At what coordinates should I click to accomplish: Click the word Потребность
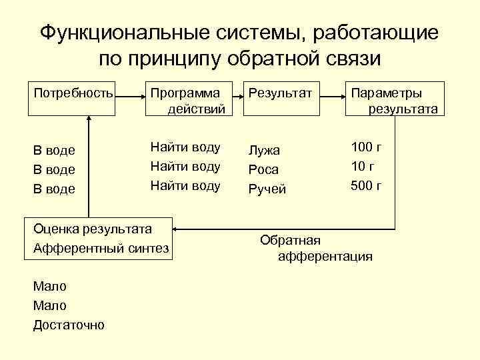click(x=73, y=93)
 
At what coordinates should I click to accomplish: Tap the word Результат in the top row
click(x=280, y=93)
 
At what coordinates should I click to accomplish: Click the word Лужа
click(x=264, y=151)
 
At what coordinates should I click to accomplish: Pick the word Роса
click(x=264, y=169)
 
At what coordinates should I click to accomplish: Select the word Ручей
click(x=267, y=189)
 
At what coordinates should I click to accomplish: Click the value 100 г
click(x=366, y=147)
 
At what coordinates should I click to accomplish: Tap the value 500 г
click(x=366, y=185)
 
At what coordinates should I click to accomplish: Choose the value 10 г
click(x=363, y=166)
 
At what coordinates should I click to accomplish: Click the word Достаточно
click(x=69, y=325)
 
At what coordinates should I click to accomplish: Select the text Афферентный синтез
click(x=101, y=248)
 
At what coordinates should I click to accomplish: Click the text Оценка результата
click(x=93, y=229)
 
